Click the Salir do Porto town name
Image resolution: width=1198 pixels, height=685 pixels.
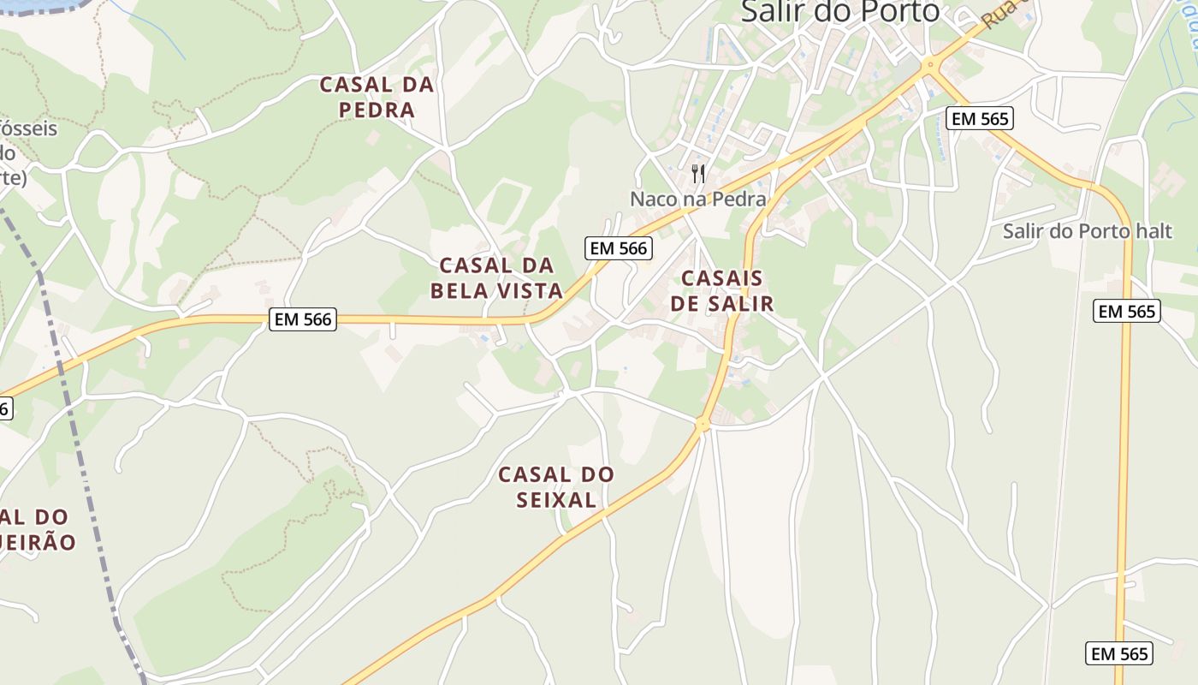(x=839, y=11)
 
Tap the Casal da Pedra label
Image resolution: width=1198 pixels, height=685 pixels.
(x=377, y=97)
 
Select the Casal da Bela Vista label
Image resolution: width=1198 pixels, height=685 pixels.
(x=496, y=277)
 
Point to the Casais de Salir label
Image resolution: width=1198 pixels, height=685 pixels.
(x=721, y=290)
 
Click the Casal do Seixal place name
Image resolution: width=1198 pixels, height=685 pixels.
(x=556, y=486)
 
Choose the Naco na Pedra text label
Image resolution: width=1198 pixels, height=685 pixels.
(x=697, y=200)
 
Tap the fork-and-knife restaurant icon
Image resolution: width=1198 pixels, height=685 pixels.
(x=698, y=174)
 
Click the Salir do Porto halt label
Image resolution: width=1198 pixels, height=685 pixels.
(x=1087, y=231)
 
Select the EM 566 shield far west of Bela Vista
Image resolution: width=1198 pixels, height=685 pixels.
(x=303, y=319)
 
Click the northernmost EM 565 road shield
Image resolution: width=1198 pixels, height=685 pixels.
(x=980, y=118)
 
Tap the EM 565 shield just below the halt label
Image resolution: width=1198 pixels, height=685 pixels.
(x=1127, y=311)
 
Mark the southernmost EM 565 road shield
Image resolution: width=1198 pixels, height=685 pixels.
(x=1120, y=653)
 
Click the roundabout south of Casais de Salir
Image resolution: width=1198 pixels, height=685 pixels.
(x=703, y=423)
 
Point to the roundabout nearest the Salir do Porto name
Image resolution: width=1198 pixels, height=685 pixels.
(x=929, y=64)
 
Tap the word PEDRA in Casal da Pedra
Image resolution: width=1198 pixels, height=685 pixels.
(x=377, y=110)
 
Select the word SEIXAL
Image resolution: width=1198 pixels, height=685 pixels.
(x=556, y=500)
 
